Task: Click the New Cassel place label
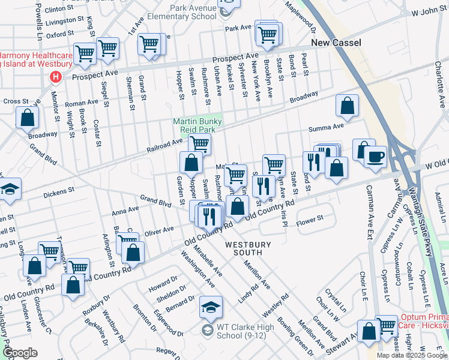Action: [336, 43]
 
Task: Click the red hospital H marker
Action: [56, 77]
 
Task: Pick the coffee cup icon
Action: [375, 157]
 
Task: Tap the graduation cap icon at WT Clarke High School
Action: [211, 307]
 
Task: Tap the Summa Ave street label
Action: [326, 128]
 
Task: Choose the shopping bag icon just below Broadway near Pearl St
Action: [348, 106]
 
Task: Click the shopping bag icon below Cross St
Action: [27, 117]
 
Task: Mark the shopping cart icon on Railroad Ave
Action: [199, 144]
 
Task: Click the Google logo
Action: [20, 353]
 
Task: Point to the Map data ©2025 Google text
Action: [411, 355]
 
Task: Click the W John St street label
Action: [427, 13]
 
